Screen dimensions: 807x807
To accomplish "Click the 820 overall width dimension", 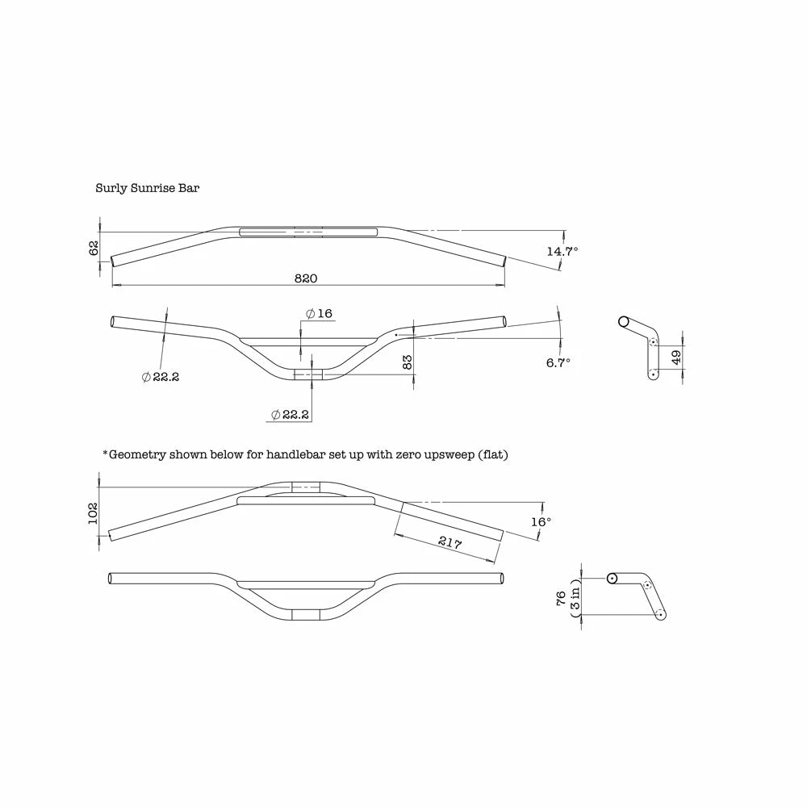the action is tap(306, 278).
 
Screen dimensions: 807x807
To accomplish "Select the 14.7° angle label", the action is tap(562, 251).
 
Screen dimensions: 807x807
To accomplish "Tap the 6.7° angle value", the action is tap(558, 363).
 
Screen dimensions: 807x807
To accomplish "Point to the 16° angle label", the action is tap(541, 522).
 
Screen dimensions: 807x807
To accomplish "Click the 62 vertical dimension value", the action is tap(94, 248).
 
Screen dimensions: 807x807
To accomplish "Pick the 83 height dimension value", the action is tap(407, 362).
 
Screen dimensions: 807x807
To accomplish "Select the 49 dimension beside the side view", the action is tap(676, 357).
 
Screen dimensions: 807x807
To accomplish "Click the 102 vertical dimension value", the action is tap(93, 513).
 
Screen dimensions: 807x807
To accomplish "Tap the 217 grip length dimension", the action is tap(449, 542).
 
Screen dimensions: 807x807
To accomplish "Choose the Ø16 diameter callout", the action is tap(319, 313).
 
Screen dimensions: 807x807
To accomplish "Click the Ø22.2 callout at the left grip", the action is tap(161, 377).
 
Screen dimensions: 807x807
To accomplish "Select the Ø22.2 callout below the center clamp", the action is tap(290, 414).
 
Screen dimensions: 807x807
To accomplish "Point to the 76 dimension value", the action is tap(561, 598).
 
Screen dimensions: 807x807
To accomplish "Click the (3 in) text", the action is tap(575, 598).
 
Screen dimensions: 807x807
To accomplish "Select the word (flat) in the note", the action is tap(493, 454).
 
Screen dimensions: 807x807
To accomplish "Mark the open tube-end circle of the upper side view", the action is tap(624, 322).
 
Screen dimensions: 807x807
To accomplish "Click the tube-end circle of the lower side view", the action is tap(612, 579).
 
